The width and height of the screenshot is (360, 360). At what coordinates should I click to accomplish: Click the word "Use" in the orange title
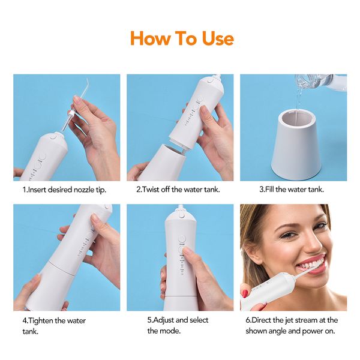(218, 38)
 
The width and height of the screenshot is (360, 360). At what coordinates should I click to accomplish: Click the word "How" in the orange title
(150, 38)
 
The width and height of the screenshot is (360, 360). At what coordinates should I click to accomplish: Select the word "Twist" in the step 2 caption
(151, 190)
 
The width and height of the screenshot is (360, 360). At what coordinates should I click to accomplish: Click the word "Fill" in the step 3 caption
(270, 190)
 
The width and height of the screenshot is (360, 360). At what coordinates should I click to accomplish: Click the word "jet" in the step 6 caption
(289, 320)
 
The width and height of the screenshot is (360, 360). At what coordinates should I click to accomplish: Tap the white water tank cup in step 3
(296, 144)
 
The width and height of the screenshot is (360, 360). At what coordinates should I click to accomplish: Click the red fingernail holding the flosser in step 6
(245, 293)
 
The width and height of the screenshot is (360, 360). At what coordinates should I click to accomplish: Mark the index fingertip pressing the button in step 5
(187, 251)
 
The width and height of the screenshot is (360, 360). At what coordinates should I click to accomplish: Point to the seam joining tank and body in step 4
(62, 268)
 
